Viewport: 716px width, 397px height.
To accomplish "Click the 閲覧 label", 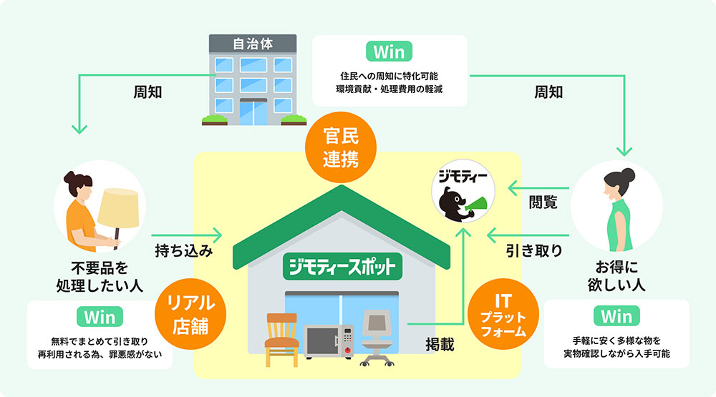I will [543, 202].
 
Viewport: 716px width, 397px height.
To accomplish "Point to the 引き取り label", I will [533, 251].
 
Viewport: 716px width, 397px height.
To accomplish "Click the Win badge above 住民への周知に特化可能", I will [390, 52].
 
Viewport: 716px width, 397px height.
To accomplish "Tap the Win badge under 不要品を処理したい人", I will [100, 316].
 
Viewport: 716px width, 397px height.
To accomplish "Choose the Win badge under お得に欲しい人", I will [616, 316].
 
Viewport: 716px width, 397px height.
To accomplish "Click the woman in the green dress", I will [619, 207].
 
